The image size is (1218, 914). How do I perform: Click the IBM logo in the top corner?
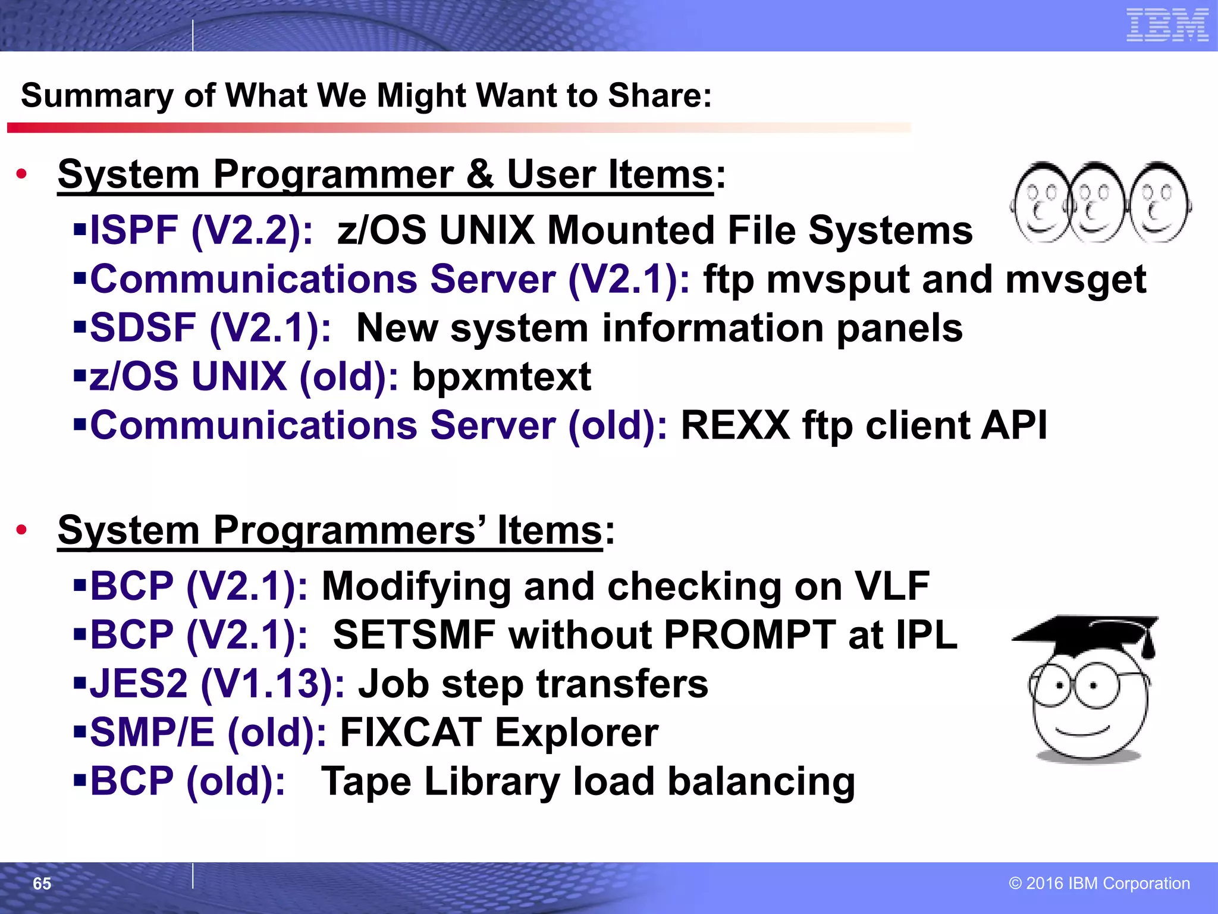click(x=1167, y=25)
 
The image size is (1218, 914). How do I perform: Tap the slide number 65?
click(x=42, y=884)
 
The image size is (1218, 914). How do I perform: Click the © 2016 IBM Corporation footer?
click(x=1099, y=883)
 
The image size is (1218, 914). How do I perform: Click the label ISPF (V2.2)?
click(x=201, y=230)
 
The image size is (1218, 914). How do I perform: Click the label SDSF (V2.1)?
click(x=210, y=328)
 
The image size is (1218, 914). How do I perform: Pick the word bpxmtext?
click(x=501, y=377)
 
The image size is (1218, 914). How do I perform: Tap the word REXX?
click(x=735, y=425)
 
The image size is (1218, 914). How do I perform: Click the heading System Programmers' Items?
click(x=330, y=530)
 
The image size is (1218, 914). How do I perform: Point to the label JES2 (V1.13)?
click(x=217, y=684)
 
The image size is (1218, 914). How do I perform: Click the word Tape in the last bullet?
click(x=366, y=781)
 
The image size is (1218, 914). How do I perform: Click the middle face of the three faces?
click(x=1098, y=202)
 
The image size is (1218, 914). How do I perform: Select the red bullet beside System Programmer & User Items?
click(x=22, y=174)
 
